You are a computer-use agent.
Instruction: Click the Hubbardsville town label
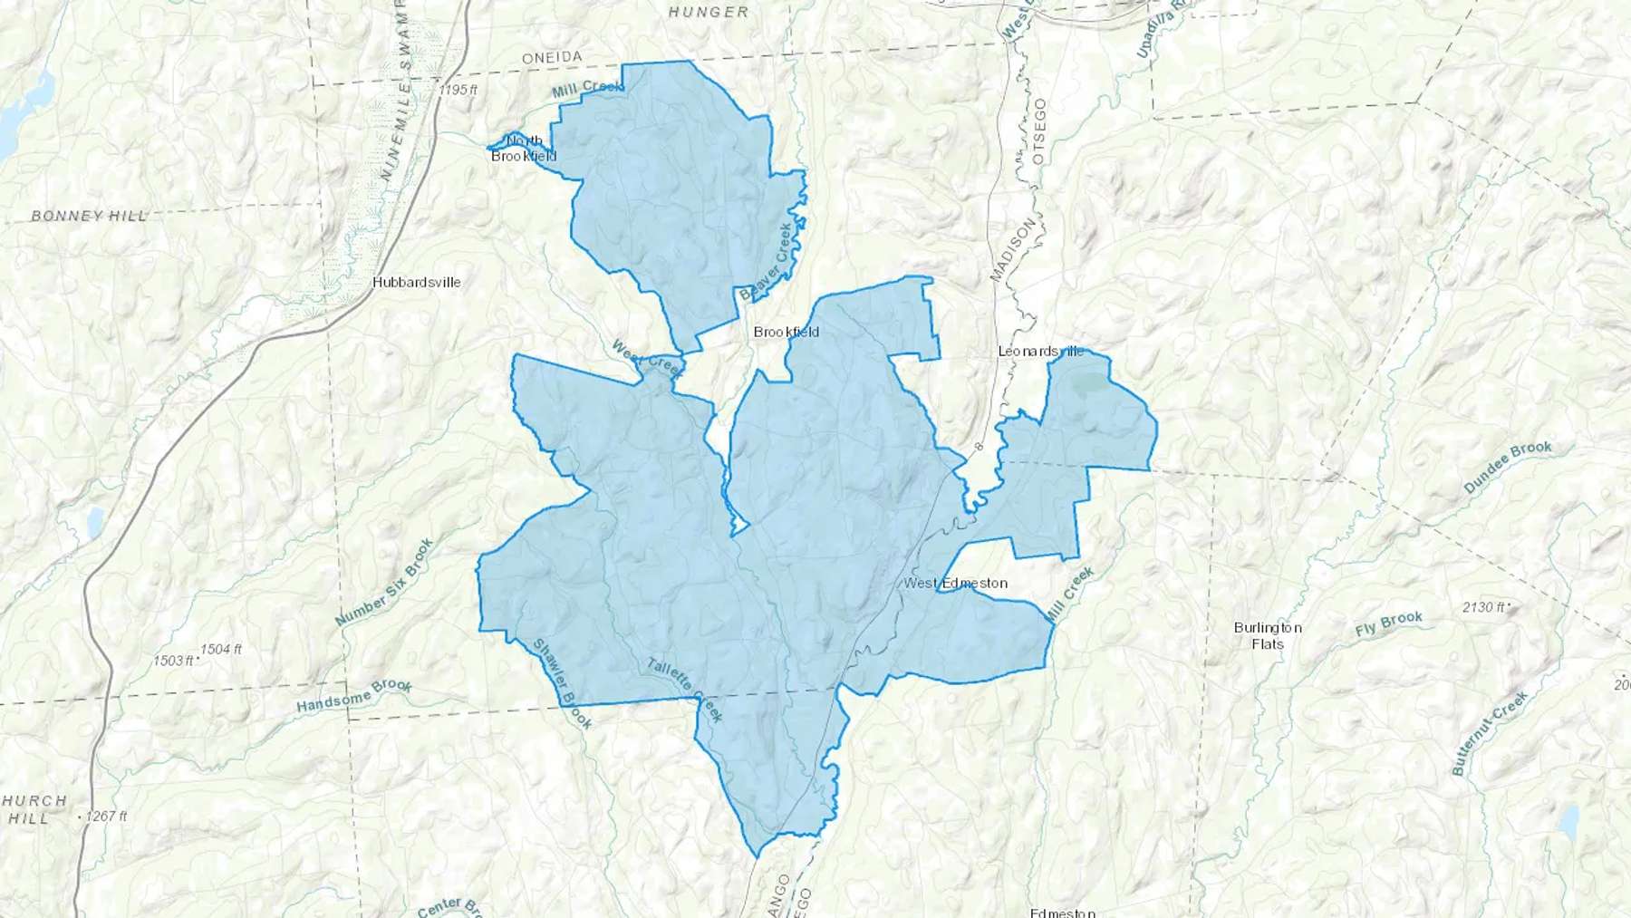tap(417, 282)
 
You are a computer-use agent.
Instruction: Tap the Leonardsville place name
tap(1040, 351)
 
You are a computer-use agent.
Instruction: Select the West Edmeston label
tap(955, 583)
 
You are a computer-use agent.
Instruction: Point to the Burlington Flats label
tap(1268, 635)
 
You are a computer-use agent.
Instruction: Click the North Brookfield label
tap(524, 148)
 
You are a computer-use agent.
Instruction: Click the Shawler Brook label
tap(562, 684)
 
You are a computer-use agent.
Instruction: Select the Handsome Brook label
tap(354, 695)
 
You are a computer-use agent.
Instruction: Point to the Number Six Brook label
tap(384, 583)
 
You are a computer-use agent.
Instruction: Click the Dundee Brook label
tap(1508, 467)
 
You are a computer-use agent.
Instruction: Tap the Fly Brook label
tap(1389, 623)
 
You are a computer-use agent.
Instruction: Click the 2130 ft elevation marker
tap(1484, 607)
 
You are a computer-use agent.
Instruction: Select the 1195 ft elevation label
tap(457, 90)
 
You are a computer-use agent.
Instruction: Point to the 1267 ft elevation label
tap(107, 816)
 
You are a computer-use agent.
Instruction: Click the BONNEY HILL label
tap(89, 216)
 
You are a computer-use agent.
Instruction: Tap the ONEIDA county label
tap(552, 57)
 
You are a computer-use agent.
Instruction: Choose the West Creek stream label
tap(647, 358)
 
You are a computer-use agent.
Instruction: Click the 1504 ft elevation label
tap(221, 649)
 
